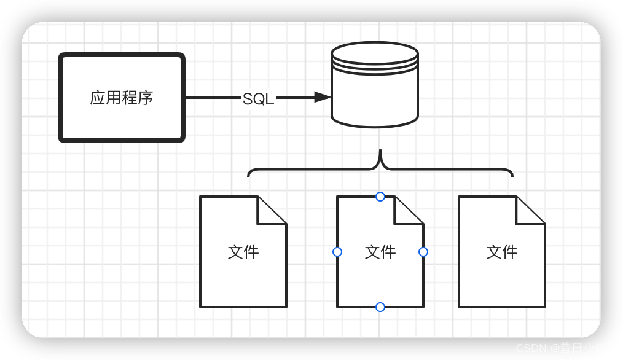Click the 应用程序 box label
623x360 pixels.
coord(122,98)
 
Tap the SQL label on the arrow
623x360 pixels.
coord(258,99)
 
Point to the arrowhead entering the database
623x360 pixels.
coord(323,97)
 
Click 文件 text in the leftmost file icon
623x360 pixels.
coord(243,252)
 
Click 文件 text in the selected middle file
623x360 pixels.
coord(380,252)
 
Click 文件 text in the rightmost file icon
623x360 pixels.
coord(502,252)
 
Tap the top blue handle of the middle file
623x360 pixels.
coord(380,197)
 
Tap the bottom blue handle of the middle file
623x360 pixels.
coord(380,307)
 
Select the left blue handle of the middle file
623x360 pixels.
coord(337,252)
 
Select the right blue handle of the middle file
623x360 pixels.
coord(423,252)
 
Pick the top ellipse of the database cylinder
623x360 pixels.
coord(375,53)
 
